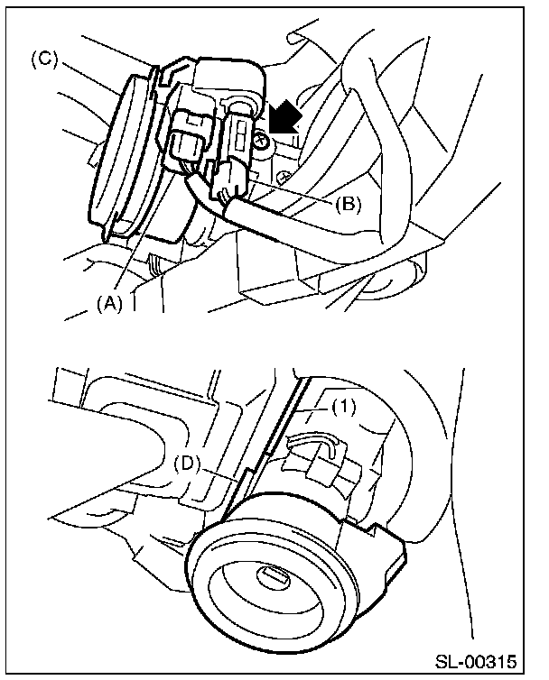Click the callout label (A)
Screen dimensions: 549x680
click(x=109, y=304)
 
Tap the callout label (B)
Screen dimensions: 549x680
click(x=348, y=204)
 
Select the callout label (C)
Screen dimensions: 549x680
click(x=44, y=60)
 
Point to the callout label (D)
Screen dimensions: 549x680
click(x=187, y=464)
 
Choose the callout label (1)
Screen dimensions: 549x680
click(x=343, y=407)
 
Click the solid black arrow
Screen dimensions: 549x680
click(x=285, y=115)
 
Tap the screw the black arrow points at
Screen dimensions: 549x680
click(x=262, y=141)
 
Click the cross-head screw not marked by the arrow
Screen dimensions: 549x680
click(x=283, y=177)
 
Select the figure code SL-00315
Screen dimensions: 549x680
click(x=477, y=662)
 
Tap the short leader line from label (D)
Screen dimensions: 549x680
click(x=219, y=473)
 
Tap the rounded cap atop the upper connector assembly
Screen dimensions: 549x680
click(x=228, y=79)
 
